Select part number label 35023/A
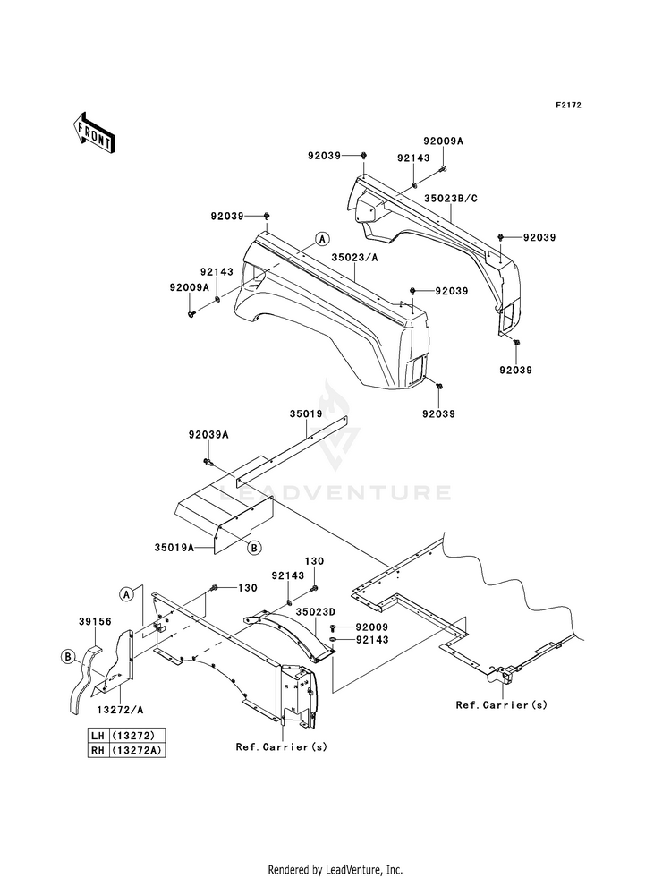pos(354,257)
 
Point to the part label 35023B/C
pos(451,198)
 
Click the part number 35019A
pos(174,547)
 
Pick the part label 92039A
pos(208,434)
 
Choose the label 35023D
pos(316,612)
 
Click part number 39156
pos(95,621)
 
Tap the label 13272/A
pos(119,710)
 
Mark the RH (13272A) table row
pos(127,750)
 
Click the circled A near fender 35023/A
pos(322,239)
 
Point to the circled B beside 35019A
pos(254,548)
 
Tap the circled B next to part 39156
pos(68,656)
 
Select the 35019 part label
pos(306,414)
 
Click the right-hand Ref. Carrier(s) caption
pos(501,705)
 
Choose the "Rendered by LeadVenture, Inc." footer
pos(335,870)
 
